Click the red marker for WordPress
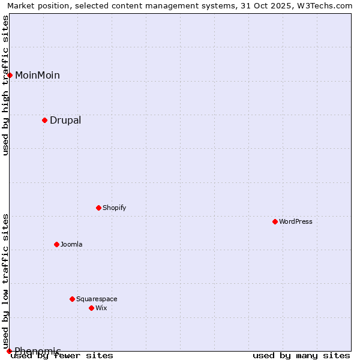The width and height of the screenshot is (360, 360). coord(275,221)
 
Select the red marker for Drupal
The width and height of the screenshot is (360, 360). coord(44,120)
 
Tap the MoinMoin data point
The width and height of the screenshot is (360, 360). coord(10,75)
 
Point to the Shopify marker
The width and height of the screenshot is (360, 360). coord(98,208)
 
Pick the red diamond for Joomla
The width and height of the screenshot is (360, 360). coord(56,244)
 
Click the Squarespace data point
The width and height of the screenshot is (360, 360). coord(72,299)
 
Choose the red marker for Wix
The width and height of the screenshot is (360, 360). coord(91,308)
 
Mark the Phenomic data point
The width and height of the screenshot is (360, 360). coord(9,351)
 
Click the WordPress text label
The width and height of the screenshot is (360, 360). coord(296,221)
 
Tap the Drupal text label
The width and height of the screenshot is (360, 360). coord(65,120)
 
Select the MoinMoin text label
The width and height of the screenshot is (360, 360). coord(37,75)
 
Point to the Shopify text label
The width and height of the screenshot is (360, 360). coord(114,208)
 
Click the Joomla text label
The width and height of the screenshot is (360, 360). coord(71,244)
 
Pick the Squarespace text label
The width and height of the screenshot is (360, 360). coord(97,299)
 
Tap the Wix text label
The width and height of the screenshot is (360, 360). coord(101,308)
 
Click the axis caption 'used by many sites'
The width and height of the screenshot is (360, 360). coord(301,355)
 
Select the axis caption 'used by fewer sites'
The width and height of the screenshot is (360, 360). coord(62,355)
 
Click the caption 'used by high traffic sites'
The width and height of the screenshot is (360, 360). coord(5,85)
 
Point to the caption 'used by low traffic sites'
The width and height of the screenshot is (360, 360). coord(5,277)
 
